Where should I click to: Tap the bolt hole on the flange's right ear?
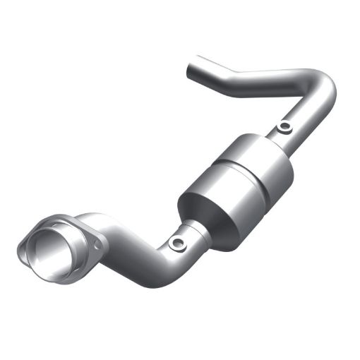click(x=92, y=245)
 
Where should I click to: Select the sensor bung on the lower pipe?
click(x=176, y=244)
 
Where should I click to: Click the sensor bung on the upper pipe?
click(x=284, y=128)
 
